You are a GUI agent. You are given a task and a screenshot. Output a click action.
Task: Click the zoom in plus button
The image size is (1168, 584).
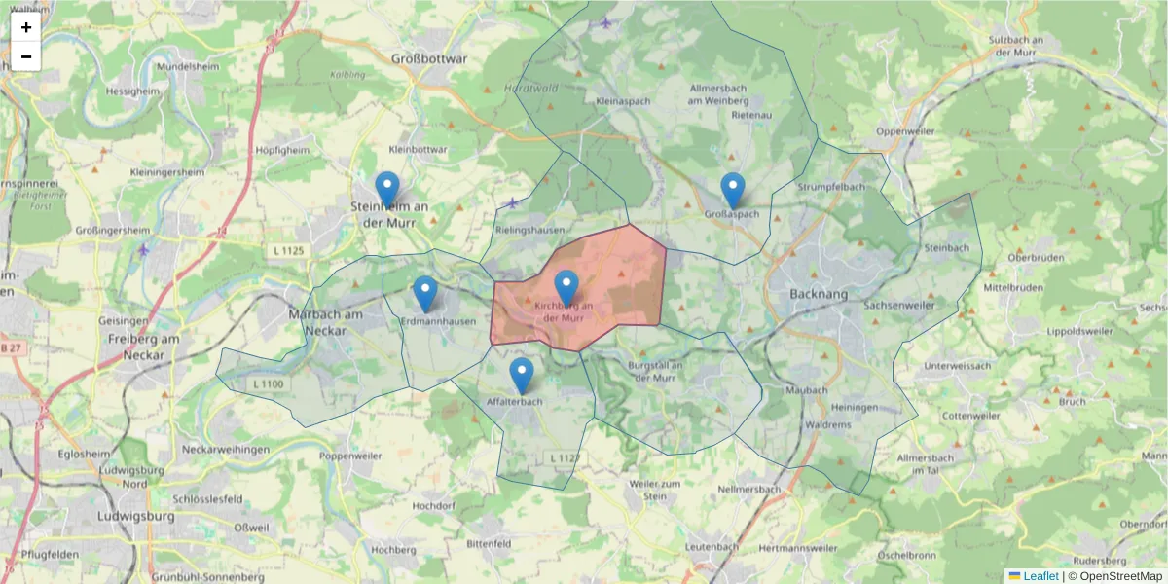[x=26, y=27]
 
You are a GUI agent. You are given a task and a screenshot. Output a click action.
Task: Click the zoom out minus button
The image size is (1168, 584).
[x=26, y=56]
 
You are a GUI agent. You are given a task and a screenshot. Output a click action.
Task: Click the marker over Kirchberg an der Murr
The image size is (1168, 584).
[x=566, y=287]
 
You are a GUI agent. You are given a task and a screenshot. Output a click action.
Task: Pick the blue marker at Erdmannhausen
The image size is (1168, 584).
[x=424, y=293]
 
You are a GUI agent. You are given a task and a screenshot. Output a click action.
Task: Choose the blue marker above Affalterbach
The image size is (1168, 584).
[x=522, y=375]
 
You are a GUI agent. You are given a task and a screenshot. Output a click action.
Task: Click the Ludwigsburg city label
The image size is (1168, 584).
[x=136, y=516]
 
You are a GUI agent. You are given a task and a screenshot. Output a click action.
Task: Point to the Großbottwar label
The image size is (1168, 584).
[x=429, y=58]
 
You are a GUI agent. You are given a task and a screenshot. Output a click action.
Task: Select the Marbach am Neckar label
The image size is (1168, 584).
[x=326, y=321]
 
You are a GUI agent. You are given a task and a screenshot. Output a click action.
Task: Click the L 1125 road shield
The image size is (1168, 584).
[x=284, y=252]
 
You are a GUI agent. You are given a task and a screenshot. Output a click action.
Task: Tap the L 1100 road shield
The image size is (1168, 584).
[x=268, y=384]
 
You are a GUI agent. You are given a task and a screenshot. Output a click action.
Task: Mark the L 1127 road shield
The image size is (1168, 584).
[x=565, y=457]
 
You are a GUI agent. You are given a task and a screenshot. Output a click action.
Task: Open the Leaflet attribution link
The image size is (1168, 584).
[x=1040, y=576]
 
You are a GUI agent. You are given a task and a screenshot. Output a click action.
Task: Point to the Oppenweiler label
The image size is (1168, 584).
[x=905, y=130]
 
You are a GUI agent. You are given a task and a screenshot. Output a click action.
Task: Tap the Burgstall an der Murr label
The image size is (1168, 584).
[x=658, y=371]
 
